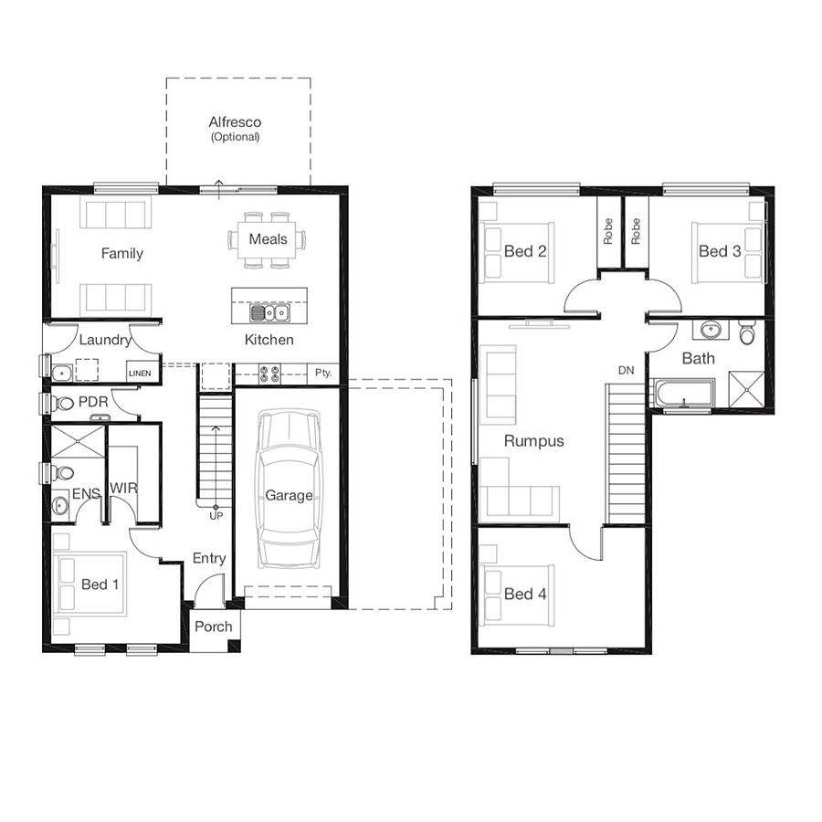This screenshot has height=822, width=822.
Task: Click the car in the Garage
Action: [x=289, y=490]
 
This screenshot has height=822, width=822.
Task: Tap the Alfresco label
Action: [x=235, y=122]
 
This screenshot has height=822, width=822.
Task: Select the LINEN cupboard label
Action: [x=140, y=374]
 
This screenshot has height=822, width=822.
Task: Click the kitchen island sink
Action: [x=269, y=313]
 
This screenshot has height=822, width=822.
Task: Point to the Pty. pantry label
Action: [x=323, y=373]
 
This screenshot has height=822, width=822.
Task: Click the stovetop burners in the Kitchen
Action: [x=269, y=374]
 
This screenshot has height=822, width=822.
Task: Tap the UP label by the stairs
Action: [x=216, y=516]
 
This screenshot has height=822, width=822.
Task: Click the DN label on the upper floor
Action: [x=626, y=370]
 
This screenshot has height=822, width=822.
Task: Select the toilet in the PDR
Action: [x=62, y=403]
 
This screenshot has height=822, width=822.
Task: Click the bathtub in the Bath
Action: [x=683, y=393]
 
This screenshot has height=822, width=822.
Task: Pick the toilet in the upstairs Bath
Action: [x=746, y=332]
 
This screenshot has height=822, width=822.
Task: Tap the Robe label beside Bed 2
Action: [x=608, y=231]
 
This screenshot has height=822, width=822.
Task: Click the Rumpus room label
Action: [x=533, y=441]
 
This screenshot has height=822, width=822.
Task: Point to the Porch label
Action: [x=214, y=627]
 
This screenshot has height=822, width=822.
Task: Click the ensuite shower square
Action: [x=79, y=441]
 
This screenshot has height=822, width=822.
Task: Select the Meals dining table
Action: [x=268, y=239]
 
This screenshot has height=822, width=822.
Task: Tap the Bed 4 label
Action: [x=525, y=594]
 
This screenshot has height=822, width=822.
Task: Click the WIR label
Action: [x=123, y=488]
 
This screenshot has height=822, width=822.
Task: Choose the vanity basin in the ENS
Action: [x=59, y=505]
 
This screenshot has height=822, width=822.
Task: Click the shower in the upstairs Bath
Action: [x=746, y=389]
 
